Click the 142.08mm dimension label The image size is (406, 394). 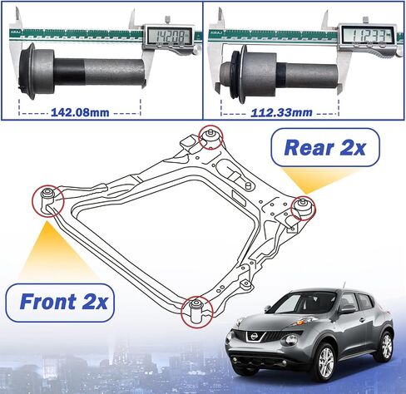pos(80,112)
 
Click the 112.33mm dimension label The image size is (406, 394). pos(281,112)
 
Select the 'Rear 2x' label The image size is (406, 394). pos(324,147)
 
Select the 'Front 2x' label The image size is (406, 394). pos(63,301)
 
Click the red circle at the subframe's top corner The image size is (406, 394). pos(210,137)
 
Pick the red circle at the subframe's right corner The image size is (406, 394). pos(303,208)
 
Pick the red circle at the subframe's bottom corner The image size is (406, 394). pos(197,312)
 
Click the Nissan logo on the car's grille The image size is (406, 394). pos(254,337)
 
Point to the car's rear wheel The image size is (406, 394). pos(386,347)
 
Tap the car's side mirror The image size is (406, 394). pos(346,309)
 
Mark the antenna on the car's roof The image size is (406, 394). pos(344,286)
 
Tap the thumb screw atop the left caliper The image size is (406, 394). pos(167,20)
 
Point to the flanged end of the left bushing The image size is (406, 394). pos(27,71)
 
